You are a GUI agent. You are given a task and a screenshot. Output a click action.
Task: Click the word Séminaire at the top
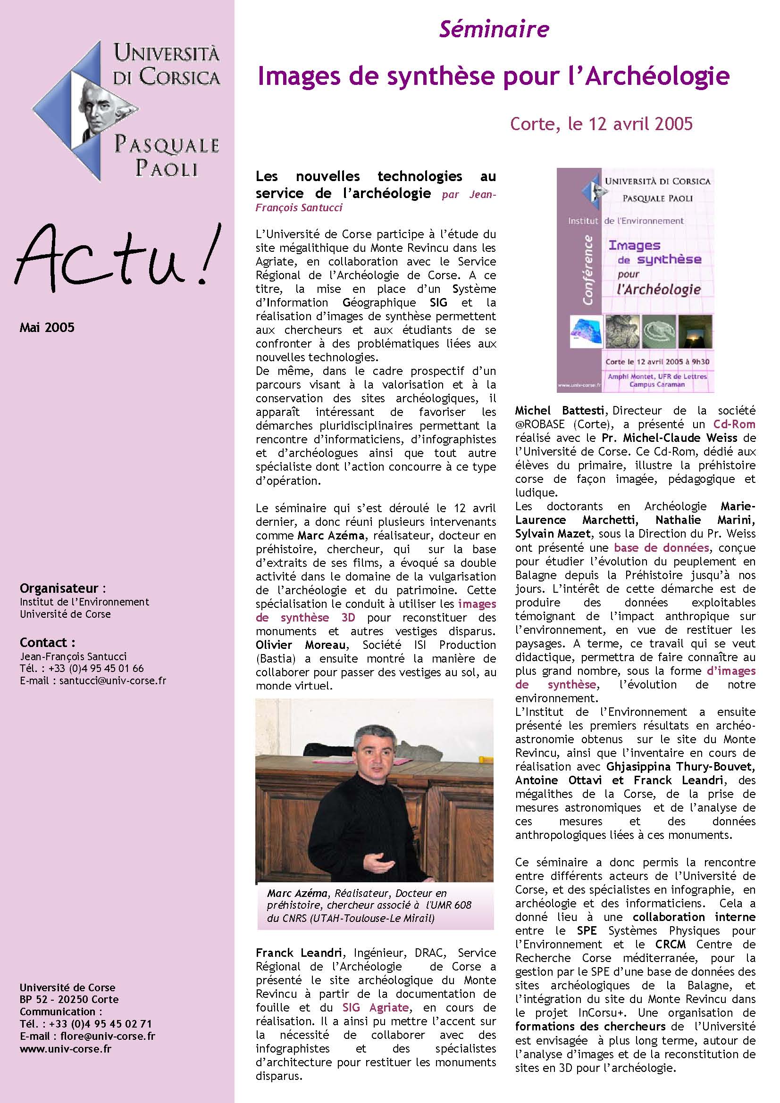494,30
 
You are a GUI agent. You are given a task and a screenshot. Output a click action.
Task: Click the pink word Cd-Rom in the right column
734,424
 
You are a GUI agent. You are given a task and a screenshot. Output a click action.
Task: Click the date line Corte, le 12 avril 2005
601,124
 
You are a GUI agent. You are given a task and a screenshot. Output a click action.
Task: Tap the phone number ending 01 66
96,668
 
